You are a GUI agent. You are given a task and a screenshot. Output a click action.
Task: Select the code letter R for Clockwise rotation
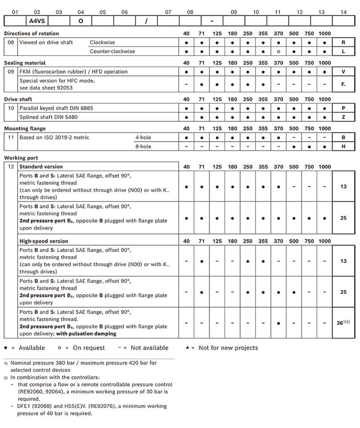(344, 42)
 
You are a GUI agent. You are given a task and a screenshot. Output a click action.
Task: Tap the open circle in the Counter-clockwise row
(279, 51)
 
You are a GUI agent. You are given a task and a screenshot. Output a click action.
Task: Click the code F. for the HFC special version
(344, 84)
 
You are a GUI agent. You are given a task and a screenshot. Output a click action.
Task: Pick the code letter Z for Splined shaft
(344, 118)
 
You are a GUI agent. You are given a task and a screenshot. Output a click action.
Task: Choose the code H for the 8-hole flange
(344, 147)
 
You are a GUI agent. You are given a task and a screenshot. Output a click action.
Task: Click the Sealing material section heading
(25, 63)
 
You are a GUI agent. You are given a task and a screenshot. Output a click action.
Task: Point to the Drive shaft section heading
(18, 99)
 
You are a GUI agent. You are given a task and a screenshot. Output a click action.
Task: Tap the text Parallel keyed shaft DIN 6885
(57, 109)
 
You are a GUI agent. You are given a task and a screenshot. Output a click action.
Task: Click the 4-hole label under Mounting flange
(143, 138)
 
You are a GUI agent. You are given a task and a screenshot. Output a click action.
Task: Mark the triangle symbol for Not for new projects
(187, 347)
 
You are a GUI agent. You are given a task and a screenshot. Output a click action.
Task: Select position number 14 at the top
(344, 12)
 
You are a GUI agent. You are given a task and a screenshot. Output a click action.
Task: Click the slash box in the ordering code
(146, 21)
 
